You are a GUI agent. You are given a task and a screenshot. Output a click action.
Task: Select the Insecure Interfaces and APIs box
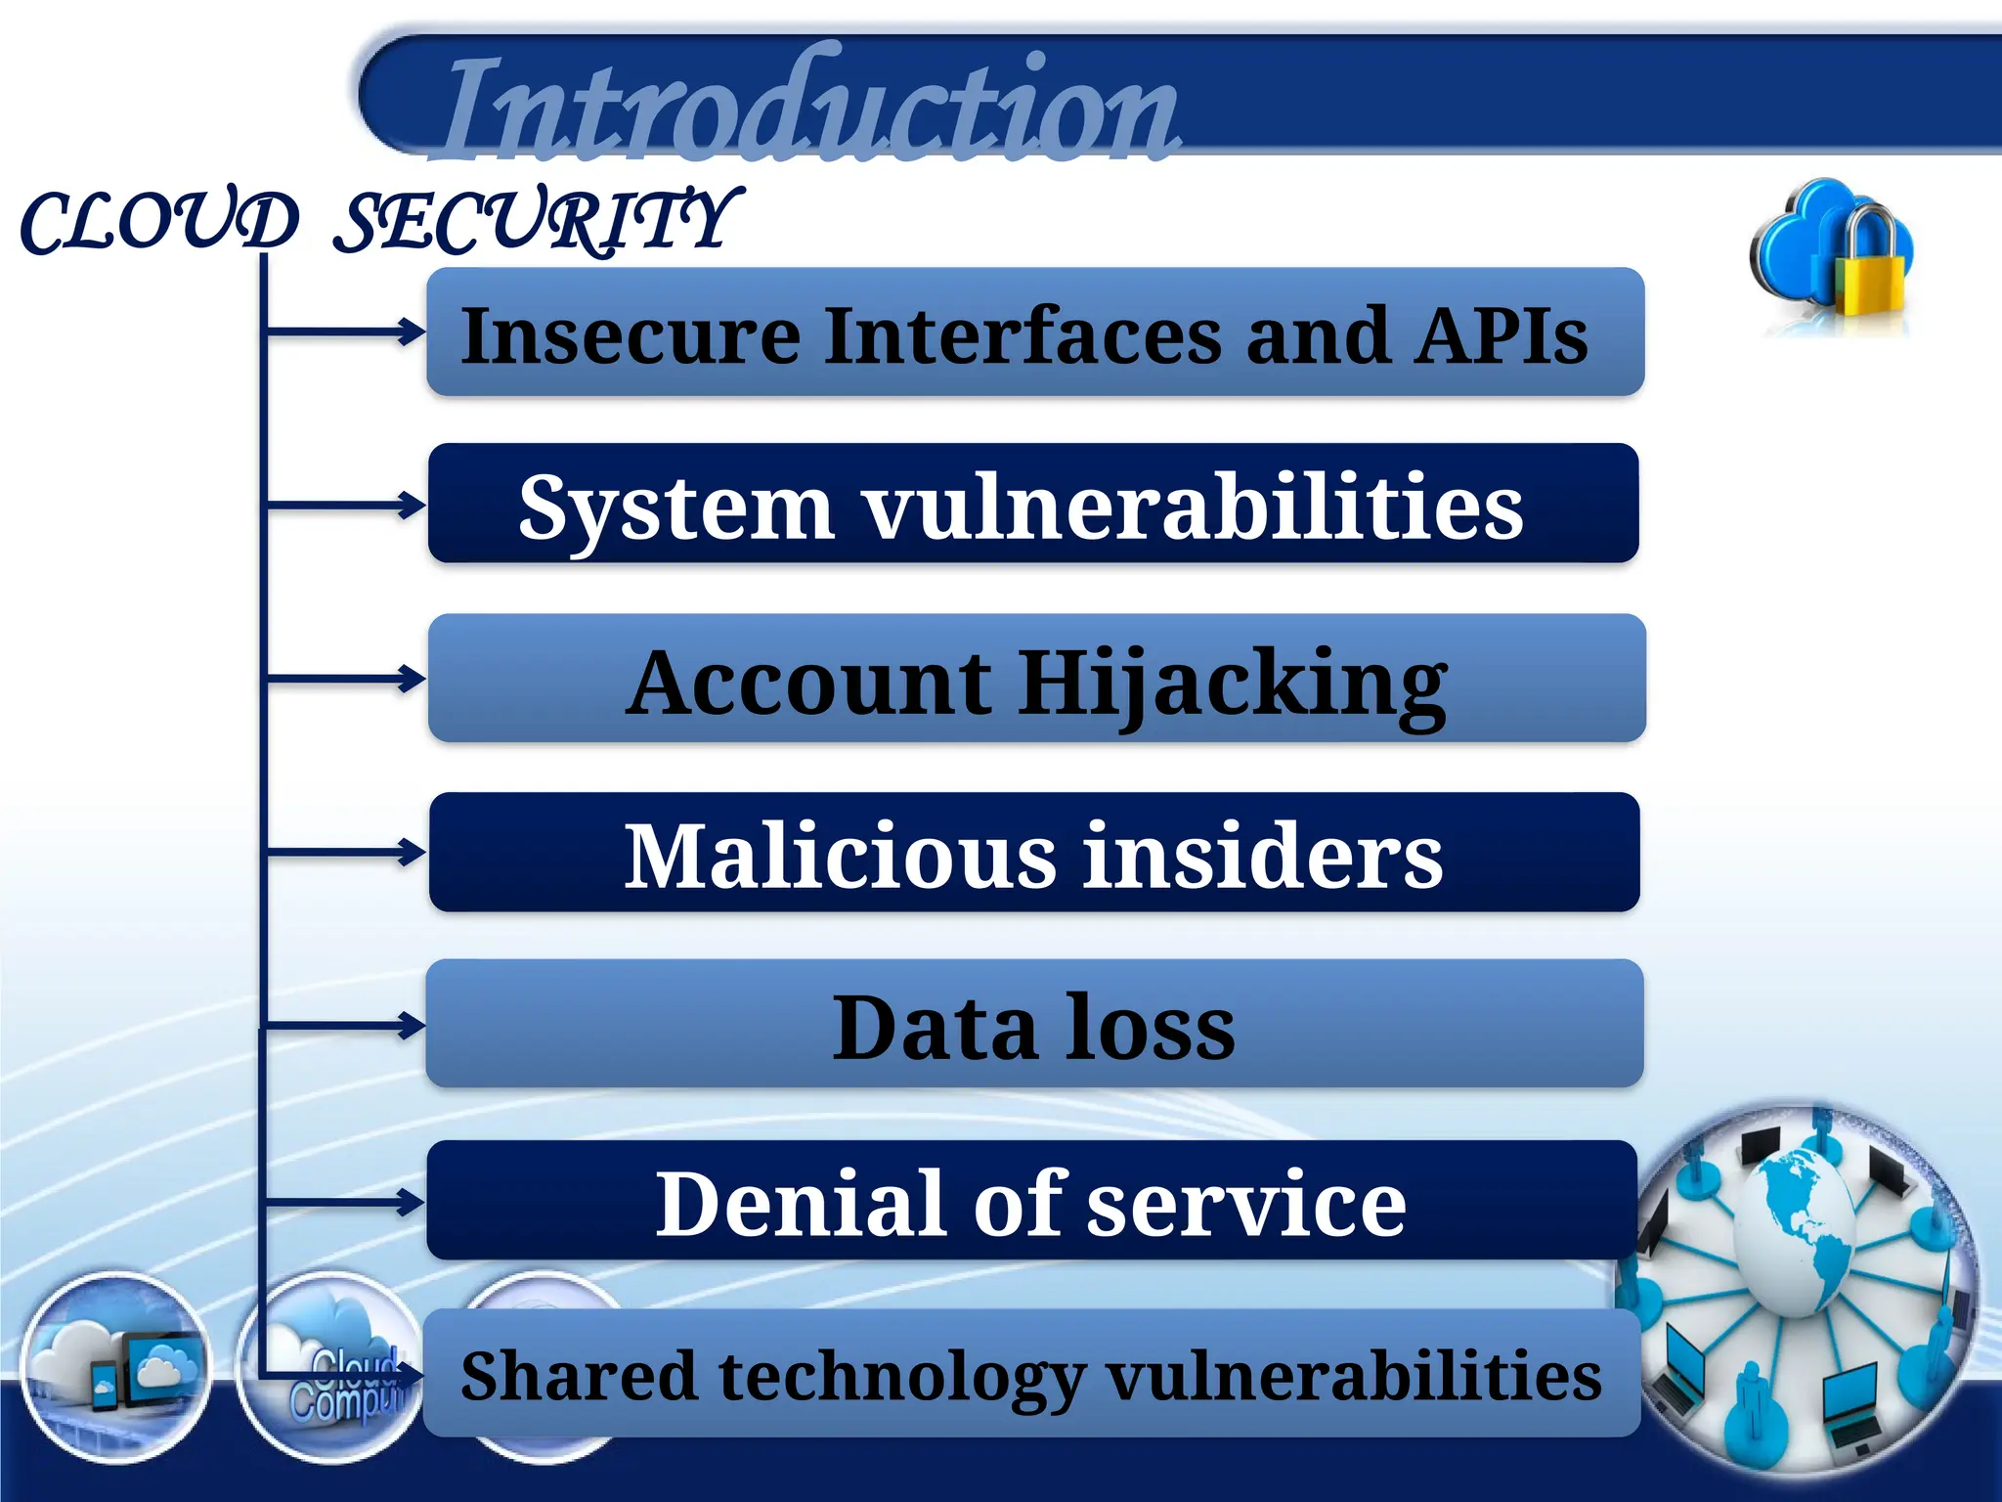(x=1034, y=332)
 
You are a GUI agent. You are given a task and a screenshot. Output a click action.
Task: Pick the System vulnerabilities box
(x=1033, y=504)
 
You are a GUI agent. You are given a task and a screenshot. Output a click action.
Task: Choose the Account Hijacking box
(x=1036, y=679)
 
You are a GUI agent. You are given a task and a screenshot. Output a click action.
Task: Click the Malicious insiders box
(x=1034, y=853)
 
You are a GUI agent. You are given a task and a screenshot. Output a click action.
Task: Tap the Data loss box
(x=1034, y=1024)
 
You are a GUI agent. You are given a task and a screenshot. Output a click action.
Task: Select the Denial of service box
(x=1031, y=1200)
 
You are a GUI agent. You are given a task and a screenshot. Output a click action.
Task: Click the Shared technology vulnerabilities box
(x=1031, y=1374)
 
